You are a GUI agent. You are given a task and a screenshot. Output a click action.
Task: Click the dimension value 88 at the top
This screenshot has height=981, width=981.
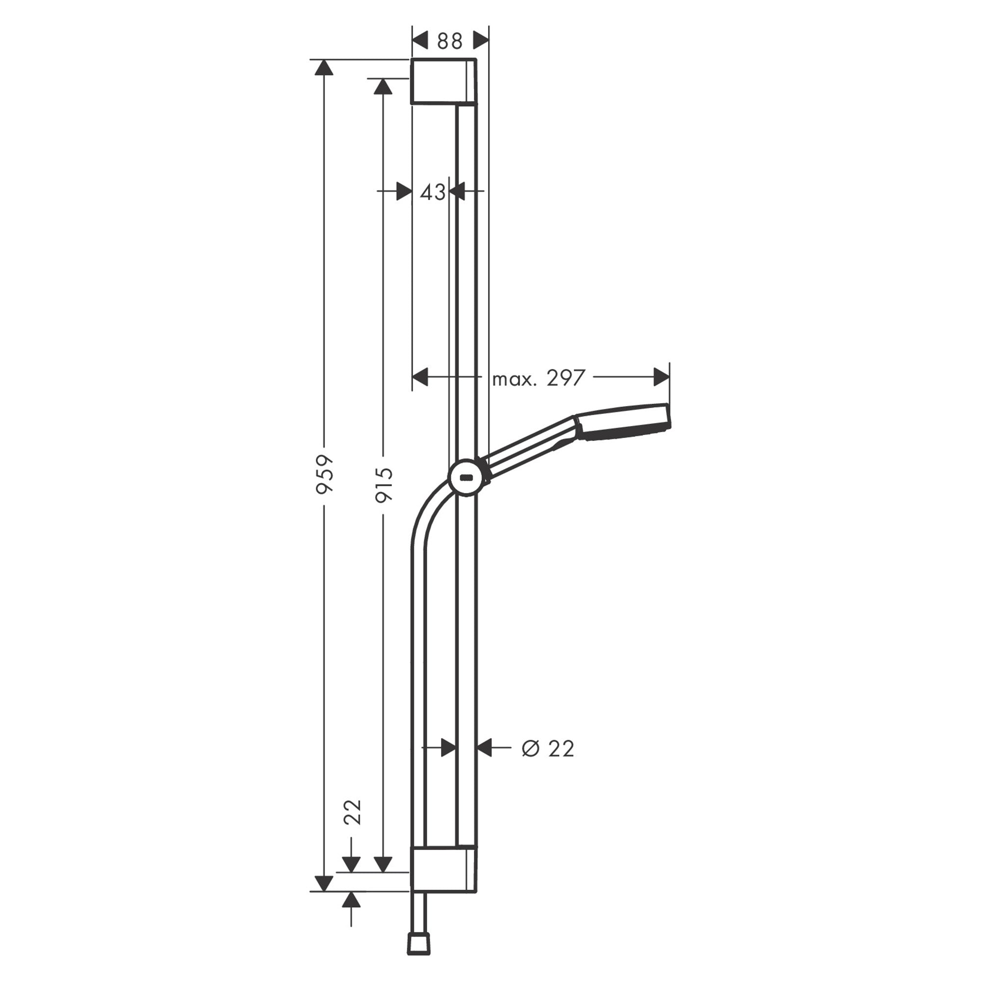click(449, 41)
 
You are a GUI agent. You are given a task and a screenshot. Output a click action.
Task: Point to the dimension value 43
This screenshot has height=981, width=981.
click(433, 192)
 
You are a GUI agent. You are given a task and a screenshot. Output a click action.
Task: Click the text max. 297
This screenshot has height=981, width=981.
click(539, 378)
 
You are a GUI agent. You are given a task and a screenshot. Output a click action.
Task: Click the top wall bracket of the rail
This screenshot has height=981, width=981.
click(443, 81)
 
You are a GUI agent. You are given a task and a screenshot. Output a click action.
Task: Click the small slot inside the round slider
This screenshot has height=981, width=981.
click(466, 477)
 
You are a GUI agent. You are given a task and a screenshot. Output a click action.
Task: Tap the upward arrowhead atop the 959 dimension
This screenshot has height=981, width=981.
click(323, 68)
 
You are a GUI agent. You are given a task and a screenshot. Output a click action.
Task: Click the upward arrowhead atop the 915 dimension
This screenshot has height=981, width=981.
click(383, 86)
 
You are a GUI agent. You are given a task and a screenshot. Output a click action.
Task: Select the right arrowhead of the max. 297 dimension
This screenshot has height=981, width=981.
click(661, 377)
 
